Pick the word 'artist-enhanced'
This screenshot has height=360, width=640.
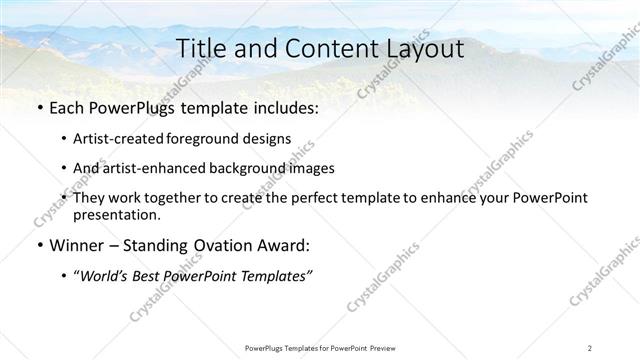click(x=152, y=169)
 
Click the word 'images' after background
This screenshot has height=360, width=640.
click(x=312, y=169)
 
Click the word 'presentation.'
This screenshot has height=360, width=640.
click(x=116, y=215)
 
